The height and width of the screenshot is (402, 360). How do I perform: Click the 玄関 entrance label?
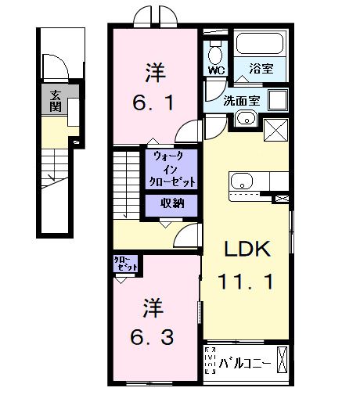pos(56,101)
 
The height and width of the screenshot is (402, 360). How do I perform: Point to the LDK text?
pos(247,249)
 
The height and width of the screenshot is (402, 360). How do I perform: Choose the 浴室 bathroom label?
pos(261,69)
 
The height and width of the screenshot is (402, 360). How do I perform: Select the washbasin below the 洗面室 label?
pos(246,119)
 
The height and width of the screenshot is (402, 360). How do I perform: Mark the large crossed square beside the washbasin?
pos(276,127)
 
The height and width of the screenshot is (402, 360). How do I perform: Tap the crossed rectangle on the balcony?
pos(283,362)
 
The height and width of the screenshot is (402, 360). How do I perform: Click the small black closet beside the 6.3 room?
pos(126,264)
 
